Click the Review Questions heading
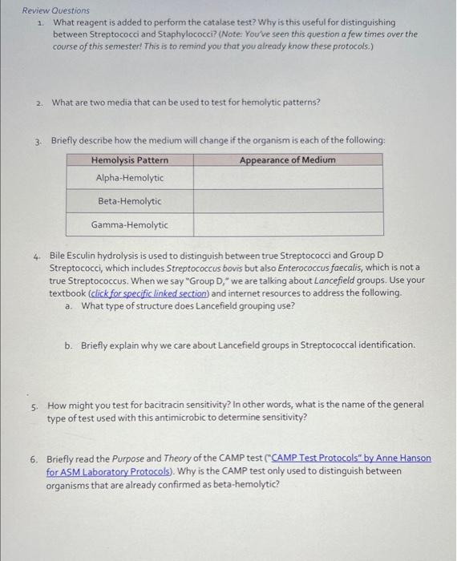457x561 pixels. pyautogui.click(x=55, y=10)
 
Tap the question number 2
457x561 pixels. pyautogui.click(x=38, y=103)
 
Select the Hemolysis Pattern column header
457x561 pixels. pyautogui.click(x=129, y=160)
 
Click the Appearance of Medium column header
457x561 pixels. pyautogui.click(x=287, y=160)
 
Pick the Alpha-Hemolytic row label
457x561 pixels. pyautogui.click(x=129, y=178)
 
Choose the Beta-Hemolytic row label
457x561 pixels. pyautogui.click(x=129, y=201)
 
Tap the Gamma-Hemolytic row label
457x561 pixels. pyautogui.click(x=129, y=225)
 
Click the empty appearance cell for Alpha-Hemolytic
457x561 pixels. pyautogui.click(x=288, y=178)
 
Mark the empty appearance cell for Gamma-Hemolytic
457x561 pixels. pyautogui.click(x=288, y=225)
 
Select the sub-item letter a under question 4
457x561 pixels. pyautogui.click(x=69, y=305)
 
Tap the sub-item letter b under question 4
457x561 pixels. pyautogui.click(x=69, y=345)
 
